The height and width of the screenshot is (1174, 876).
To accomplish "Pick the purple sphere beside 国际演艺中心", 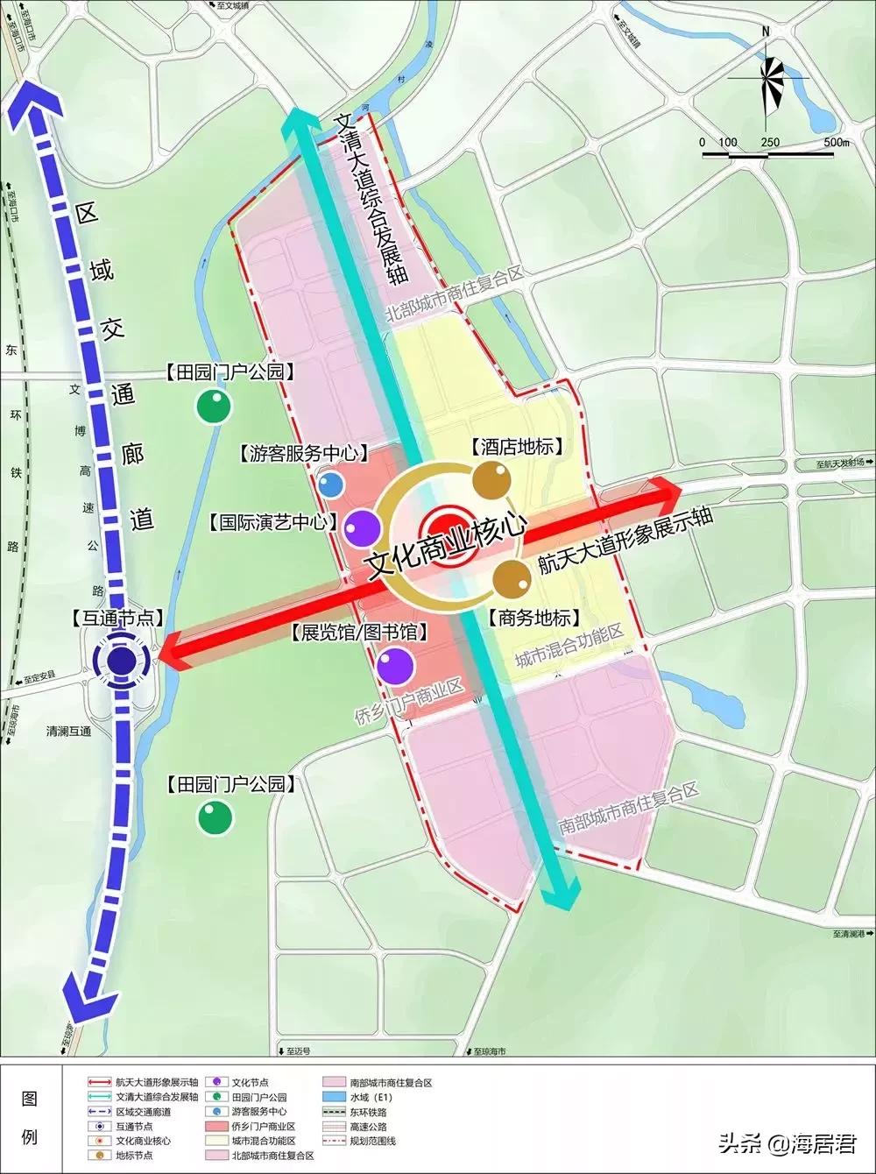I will click(x=361, y=527).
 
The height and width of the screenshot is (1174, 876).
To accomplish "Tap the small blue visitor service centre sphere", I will click(x=329, y=484).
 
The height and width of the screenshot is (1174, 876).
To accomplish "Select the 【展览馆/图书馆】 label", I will click(x=358, y=633).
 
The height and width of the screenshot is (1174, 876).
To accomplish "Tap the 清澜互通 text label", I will click(x=68, y=732).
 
